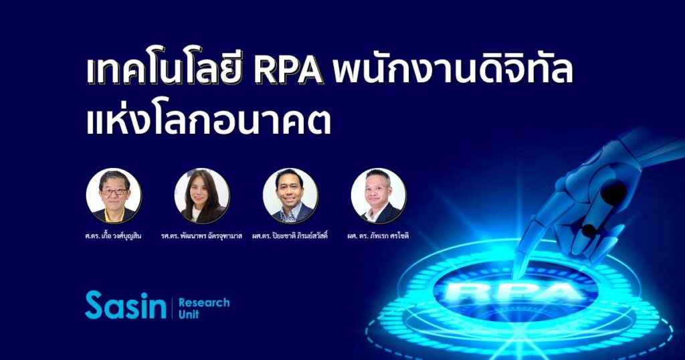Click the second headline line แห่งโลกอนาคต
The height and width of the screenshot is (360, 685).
pyautogui.click(x=208, y=119)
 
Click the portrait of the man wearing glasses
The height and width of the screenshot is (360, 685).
pyautogui.click(x=114, y=196)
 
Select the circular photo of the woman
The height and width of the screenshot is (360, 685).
pyautogui.click(x=202, y=196)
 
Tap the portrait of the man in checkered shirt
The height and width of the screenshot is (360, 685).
pyautogui.click(x=290, y=196)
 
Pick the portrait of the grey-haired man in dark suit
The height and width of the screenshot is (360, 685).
pyautogui.click(x=379, y=196)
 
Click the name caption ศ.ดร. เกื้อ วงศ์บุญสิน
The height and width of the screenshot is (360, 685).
pyautogui.click(x=114, y=236)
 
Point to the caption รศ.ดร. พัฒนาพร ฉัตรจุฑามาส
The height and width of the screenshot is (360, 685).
pyautogui.click(x=201, y=236)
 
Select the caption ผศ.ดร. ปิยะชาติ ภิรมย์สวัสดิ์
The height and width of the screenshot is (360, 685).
pyautogui.click(x=290, y=236)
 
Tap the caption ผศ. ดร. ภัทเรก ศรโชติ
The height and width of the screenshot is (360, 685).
pyautogui.click(x=379, y=236)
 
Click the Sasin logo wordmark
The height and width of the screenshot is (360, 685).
pyautogui.click(x=126, y=305)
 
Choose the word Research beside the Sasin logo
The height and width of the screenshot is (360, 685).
pyautogui.click(x=204, y=302)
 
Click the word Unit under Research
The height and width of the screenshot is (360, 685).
pyautogui.click(x=189, y=314)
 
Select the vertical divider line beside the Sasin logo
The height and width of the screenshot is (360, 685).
pyautogui.click(x=173, y=308)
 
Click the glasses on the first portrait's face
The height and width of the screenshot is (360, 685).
pyautogui.click(x=113, y=191)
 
